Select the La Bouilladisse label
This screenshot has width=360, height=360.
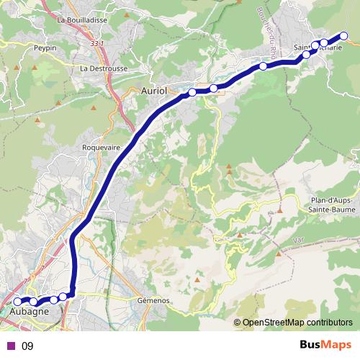86,20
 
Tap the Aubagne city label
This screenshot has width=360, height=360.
30,312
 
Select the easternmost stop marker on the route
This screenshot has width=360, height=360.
344,36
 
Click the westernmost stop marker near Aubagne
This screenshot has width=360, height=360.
17,302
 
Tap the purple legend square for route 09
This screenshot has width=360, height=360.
11,346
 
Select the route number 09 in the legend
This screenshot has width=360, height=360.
27,346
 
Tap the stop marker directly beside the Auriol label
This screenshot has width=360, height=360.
192,92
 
